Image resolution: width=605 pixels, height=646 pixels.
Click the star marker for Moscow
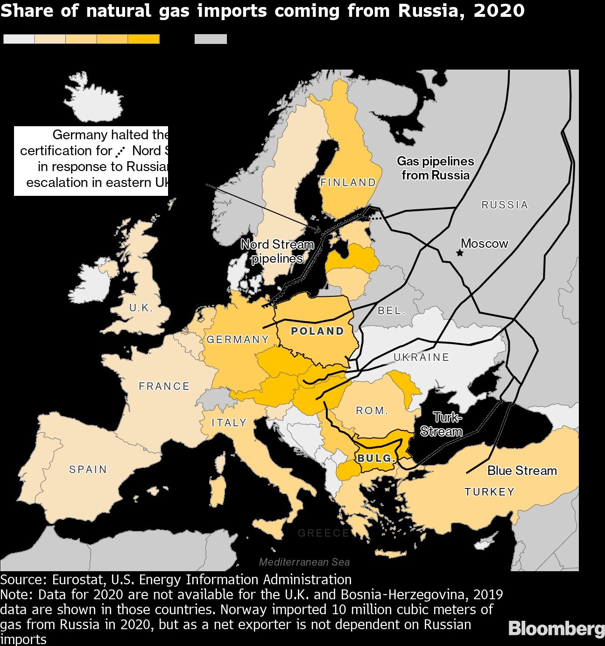tap(460, 253)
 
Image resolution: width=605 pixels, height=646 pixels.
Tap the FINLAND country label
tap(348, 182)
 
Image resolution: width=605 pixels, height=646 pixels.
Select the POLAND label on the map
tap(317, 331)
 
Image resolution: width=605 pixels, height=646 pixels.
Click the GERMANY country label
tap(238, 339)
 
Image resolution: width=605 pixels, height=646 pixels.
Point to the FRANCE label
tap(164, 386)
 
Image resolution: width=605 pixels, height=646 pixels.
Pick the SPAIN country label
tap(88, 469)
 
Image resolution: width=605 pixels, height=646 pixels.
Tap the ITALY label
tap(229, 423)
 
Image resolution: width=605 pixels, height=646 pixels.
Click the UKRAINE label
tap(421, 357)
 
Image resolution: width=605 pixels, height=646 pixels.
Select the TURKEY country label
tap(489, 492)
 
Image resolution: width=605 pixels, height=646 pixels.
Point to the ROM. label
tap(372, 410)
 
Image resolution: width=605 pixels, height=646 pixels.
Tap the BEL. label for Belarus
tap(391, 310)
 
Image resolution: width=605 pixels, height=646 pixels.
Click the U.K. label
tap(141, 308)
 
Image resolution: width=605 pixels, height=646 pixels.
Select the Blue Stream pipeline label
tap(522, 471)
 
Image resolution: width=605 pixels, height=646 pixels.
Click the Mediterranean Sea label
tap(304, 562)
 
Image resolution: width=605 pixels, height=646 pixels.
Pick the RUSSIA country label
tap(505, 205)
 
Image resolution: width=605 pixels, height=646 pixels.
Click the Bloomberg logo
tap(556, 629)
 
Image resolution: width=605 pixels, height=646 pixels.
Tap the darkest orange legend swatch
tap(144, 39)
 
